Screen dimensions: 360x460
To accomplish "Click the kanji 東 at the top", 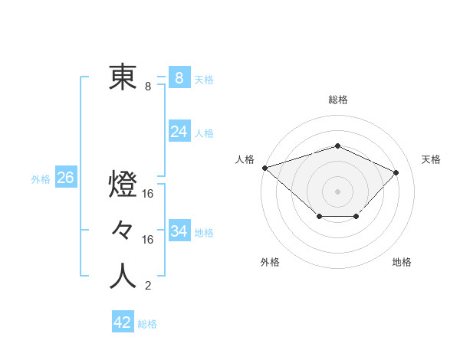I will [123, 77].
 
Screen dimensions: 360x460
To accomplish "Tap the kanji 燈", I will [123, 185].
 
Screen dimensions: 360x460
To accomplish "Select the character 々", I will [123, 230].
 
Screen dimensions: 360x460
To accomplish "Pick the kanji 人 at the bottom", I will [123, 277].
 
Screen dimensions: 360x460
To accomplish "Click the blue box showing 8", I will [179, 78].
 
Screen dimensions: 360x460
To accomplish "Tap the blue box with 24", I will [179, 132].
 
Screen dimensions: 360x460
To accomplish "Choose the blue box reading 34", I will [179, 231].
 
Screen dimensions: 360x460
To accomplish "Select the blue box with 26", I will [65, 178].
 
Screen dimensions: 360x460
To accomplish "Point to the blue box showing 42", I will [122, 322].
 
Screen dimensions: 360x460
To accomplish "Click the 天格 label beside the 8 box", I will [204, 79].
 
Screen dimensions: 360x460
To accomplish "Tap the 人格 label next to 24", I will [204, 133].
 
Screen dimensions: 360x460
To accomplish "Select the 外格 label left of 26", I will [41, 179].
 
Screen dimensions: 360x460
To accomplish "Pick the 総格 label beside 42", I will [147, 323].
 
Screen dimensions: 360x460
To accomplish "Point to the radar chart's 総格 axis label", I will [337, 99].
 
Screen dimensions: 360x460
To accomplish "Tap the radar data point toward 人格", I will [264, 168].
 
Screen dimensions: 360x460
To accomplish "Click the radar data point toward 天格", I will [396, 172].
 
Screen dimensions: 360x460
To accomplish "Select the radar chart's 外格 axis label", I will [270, 262].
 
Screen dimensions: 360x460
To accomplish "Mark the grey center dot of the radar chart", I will [337, 191].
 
